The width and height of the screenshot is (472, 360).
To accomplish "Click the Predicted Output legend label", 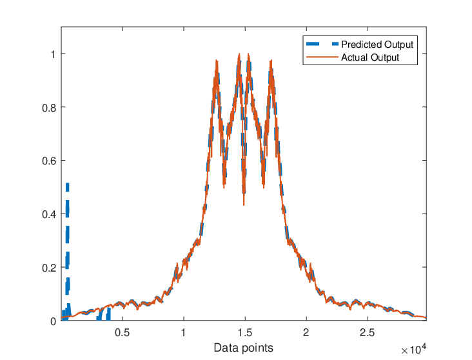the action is [x=377, y=45].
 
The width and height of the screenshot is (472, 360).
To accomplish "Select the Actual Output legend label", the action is [x=370, y=57].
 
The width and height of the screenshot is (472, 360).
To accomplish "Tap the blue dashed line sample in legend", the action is [x=322, y=44].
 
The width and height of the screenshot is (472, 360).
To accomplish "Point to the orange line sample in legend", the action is [x=322, y=57].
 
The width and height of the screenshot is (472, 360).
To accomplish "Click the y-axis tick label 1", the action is [x=54, y=54].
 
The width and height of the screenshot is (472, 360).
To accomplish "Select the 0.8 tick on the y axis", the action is [x=49, y=108].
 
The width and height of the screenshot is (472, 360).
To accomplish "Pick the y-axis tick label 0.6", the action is [x=49, y=161].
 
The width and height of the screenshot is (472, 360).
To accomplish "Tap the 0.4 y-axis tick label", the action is [x=49, y=214].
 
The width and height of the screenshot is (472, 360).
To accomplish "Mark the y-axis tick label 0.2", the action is [x=49, y=268].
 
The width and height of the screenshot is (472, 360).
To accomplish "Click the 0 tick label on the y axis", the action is [x=54, y=321].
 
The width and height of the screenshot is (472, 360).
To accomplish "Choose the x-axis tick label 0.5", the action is [x=123, y=333].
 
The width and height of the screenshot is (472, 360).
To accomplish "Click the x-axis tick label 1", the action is [x=183, y=333].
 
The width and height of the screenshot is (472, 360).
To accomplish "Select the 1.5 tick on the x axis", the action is [x=245, y=333].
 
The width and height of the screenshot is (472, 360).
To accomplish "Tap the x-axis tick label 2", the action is [x=306, y=333].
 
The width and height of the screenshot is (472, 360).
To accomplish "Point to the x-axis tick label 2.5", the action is [x=368, y=333].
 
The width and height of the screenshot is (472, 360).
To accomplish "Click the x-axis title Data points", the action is [x=244, y=348].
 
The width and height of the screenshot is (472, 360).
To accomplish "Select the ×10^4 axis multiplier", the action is [x=414, y=349].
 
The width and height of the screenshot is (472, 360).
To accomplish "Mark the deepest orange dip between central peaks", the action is [x=244, y=205].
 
